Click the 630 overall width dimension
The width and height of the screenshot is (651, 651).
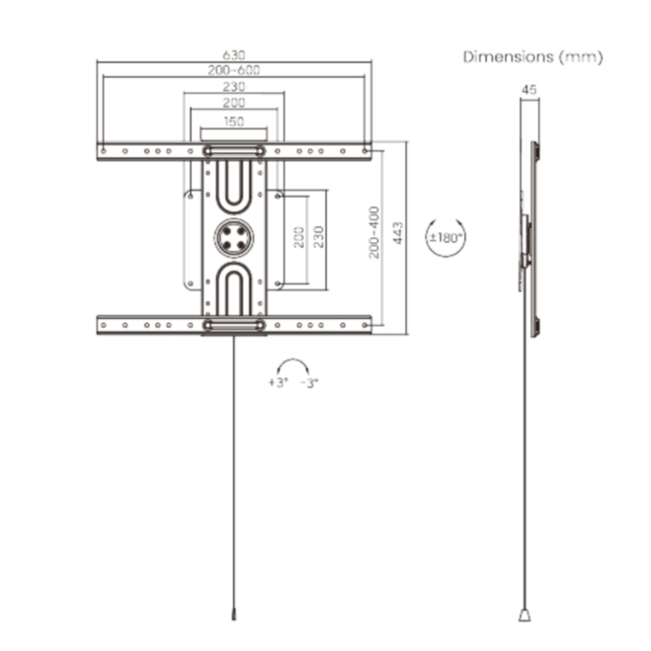(234, 54)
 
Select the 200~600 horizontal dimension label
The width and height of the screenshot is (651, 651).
(234, 70)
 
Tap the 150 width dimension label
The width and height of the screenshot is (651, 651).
(234, 122)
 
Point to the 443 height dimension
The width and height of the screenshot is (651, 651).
(398, 233)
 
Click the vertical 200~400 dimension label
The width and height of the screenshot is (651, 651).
(374, 232)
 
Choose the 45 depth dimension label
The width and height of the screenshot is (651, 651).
(529, 90)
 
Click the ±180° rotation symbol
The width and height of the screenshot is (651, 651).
(446, 238)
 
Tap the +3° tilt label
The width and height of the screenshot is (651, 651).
(279, 382)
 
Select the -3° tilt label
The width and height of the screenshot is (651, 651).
(310, 382)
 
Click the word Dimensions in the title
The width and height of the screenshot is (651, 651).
(508, 57)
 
